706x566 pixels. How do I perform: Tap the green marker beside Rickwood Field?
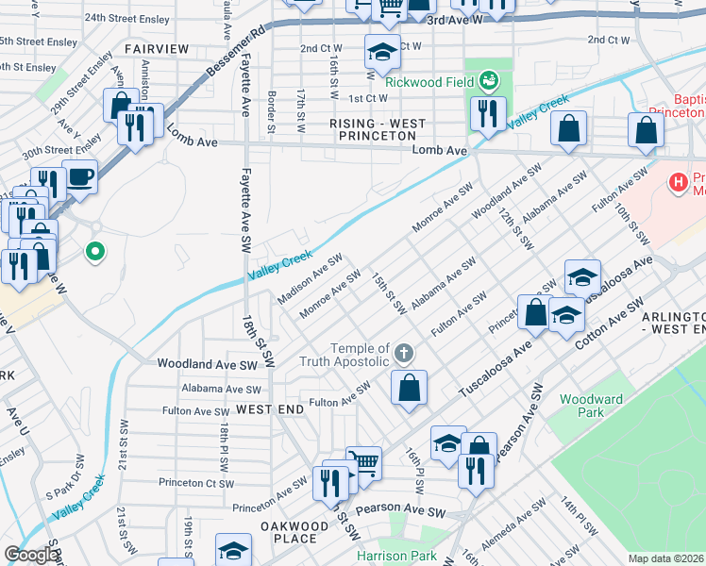[x=489, y=81]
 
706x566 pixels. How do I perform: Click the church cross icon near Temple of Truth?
[x=403, y=355]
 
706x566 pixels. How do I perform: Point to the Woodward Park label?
[x=592, y=406]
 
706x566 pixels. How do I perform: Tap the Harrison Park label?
[x=397, y=557]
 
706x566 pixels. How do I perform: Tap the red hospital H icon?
[x=677, y=182]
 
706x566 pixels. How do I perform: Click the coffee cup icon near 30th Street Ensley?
[x=80, y=175]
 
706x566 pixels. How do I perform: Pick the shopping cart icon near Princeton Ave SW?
[x=364, y=462]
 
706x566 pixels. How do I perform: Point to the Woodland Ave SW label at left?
[x=208, y=364]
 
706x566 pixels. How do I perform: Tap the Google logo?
[x=30, y=555]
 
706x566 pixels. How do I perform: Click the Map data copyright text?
[x=664, y=558]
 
